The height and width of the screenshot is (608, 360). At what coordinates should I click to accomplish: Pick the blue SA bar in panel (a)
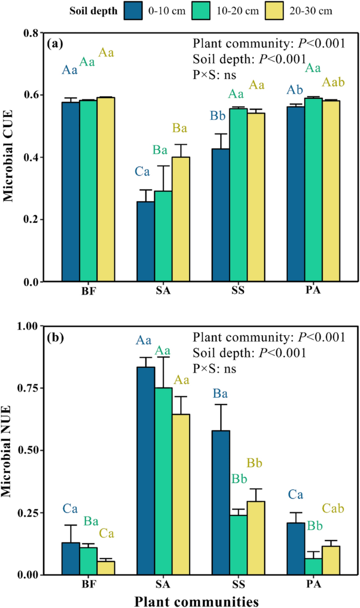[146, 241]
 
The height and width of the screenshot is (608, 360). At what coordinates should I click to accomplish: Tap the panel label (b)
[55, 336]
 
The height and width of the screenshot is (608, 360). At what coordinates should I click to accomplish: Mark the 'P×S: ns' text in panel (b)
[214, 368]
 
